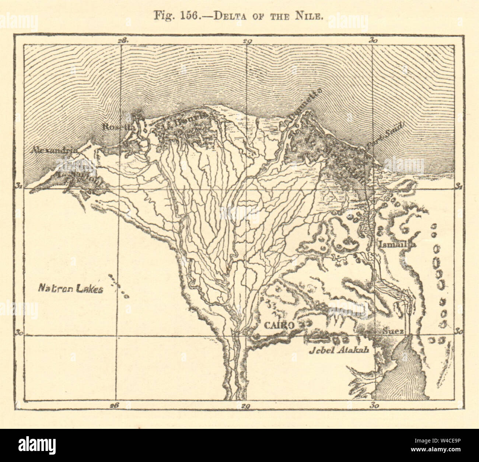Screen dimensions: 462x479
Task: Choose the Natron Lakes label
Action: pyautogui.click(x=70, y=290)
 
